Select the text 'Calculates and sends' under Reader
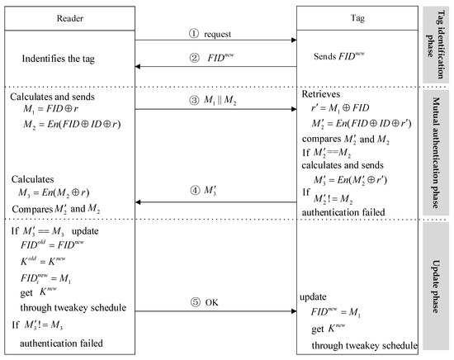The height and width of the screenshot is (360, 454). click(x=51, y=97)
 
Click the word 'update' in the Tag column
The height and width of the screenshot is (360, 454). click(x=313, y=296)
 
